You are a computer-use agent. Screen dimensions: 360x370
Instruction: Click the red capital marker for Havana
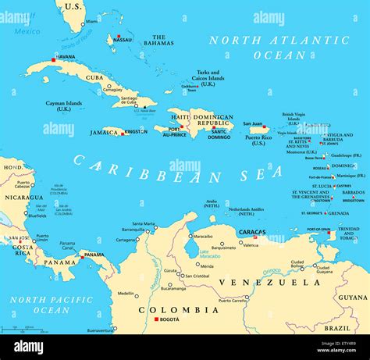(x=54, y=60)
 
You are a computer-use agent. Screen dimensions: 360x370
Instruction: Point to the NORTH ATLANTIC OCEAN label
(x=266, y=48)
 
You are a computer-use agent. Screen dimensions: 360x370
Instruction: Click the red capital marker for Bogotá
(x=157, y=320)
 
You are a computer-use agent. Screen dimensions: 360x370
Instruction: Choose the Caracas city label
(x=252, y=232)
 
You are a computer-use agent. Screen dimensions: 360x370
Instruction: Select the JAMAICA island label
(x=105, y=133)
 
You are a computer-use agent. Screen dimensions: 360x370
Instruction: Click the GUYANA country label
(x=353, y=297)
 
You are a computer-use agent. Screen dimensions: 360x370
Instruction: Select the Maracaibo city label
(x=203, y=236)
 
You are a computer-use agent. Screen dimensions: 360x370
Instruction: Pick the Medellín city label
(x=126, y=293)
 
